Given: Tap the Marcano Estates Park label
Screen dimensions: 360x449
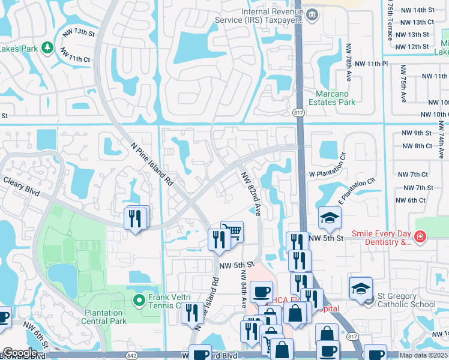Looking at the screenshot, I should [x=335, y=98].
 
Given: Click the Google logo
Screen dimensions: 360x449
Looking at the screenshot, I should [x=20, y=353].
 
